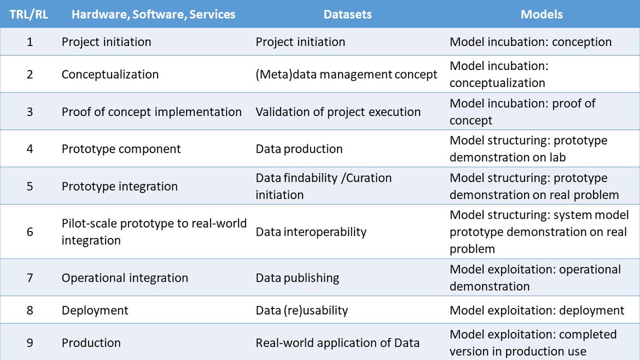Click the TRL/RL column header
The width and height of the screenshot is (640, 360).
click(x=28, y=14)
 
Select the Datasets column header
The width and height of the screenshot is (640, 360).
click(x=347, y=14)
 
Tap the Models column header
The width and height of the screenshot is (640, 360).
click(x=542, y=14)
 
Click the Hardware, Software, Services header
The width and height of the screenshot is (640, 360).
click(x=154, y=14)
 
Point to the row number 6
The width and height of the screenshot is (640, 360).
click(x=30, y=232)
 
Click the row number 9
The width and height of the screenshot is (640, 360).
click(x=30, y=342)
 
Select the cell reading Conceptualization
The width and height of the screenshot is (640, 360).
click(x=110, y=74)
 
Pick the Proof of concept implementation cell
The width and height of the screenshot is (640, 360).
click(x=152, y=112)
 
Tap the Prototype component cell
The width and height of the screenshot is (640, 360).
click(x=121, y=149)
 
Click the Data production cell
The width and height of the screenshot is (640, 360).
click(x=299, y=149)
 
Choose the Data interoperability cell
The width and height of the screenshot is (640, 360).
click(x=311, y=232)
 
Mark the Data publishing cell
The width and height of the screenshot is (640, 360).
click(x=298, y=278)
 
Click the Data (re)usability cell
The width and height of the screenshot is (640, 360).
click(x=302, y=310)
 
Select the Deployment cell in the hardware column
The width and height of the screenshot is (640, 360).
click(x=95, y=310)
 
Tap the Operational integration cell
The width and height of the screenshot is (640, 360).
click(x=125, y=278)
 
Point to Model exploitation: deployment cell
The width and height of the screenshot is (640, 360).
click(x=537, y=310)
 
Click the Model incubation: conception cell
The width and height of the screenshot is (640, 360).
click(x=531, y=42)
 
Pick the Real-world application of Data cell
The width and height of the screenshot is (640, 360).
click(x=338, y=343)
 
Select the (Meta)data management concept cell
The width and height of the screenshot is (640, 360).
click(x=347, y=74)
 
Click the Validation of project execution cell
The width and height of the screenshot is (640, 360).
click(x=338, y=112)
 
